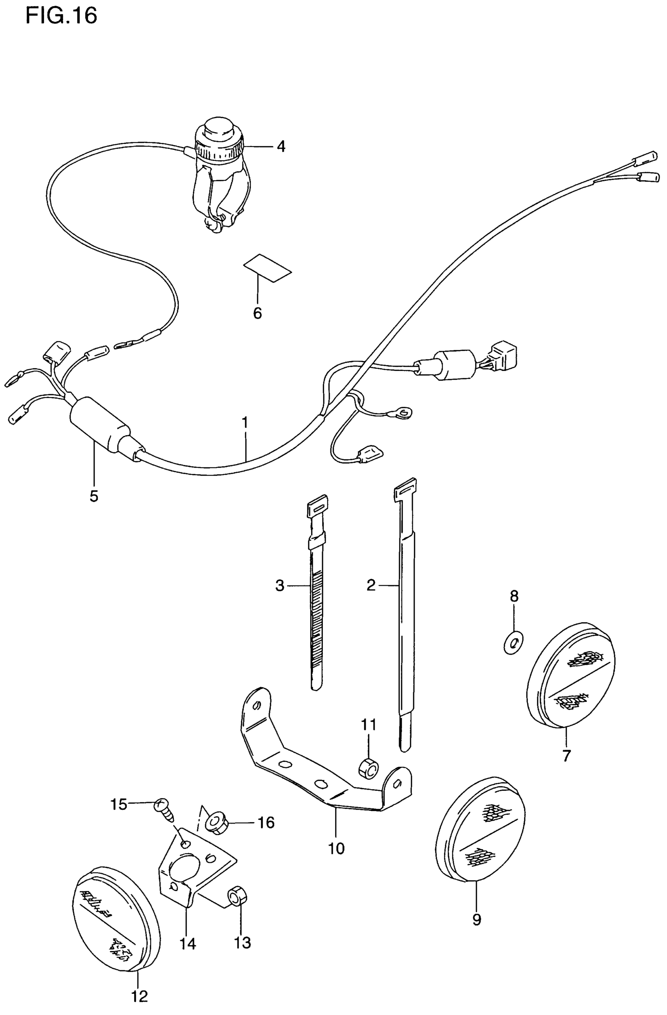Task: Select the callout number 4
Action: click(x=281, y=146)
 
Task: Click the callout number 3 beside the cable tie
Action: click(x=279, y=586)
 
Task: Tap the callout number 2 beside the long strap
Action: click(x=371, y=585)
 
